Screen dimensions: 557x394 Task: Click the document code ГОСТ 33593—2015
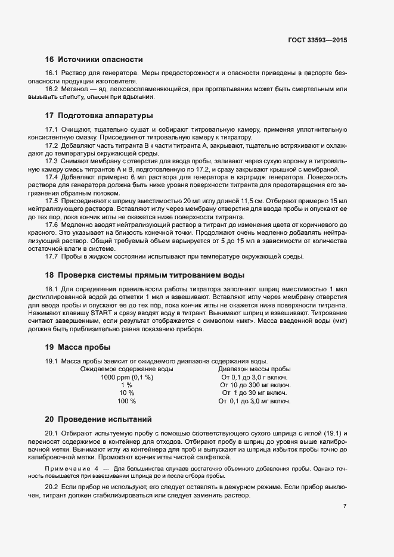(x=317, y=41)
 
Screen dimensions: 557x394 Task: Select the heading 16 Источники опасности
(x=94, y=59)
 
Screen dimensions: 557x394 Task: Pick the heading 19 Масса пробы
(x=77, y=347)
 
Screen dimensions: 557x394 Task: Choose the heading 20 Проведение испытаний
(x=98, y=419)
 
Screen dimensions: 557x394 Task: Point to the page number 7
(x=345, y=506)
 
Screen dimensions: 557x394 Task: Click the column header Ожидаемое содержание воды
(x=123, y=369)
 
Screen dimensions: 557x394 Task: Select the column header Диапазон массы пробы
(x=255, y=369)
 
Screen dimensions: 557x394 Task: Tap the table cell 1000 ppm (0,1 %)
(x=126, y=377)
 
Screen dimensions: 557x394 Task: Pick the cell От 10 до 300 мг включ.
(x=255, y=385)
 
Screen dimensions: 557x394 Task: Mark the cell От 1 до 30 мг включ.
(x=255, y=393)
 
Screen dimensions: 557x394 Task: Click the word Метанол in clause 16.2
(x=73, y=89)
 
